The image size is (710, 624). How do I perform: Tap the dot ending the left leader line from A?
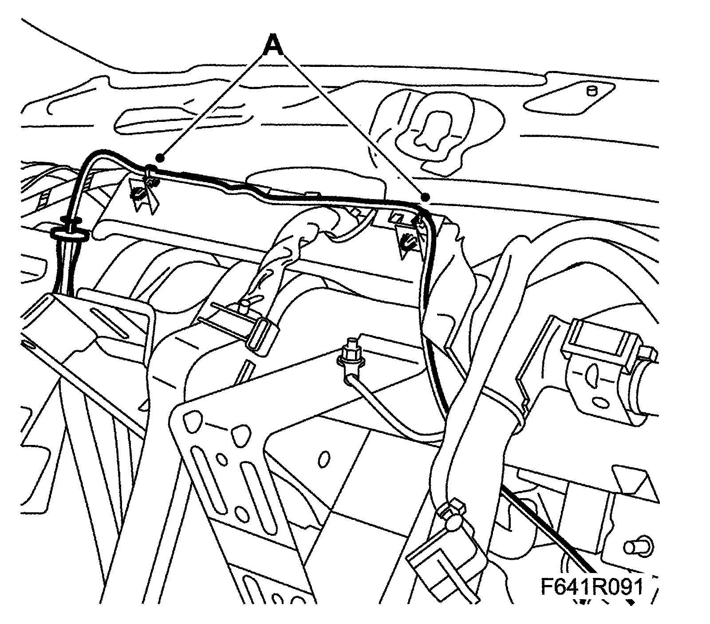(161, 157)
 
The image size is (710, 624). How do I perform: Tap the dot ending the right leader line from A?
(426, 197)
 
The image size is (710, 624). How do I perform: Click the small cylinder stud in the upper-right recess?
(592, 91)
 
